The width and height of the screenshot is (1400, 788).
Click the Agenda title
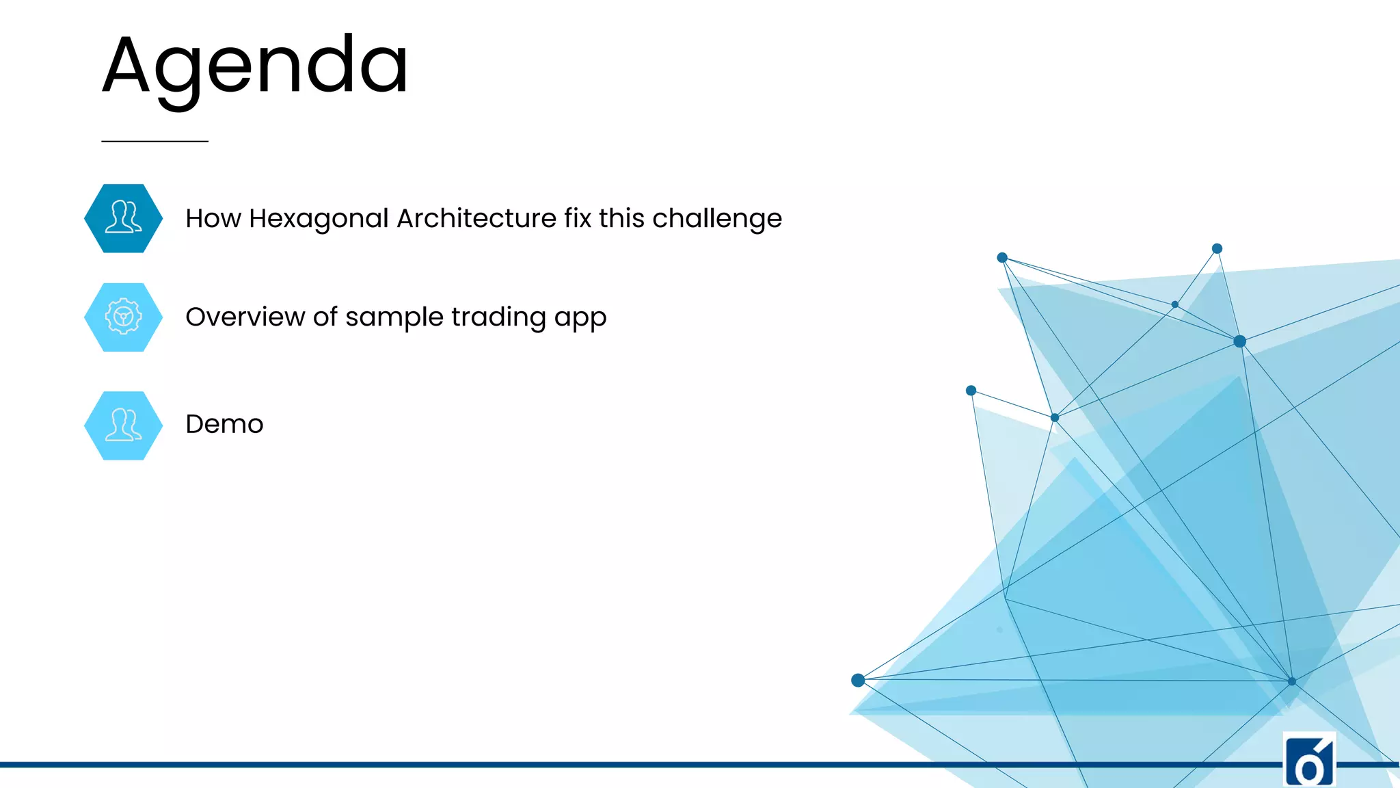[x=255, y=67]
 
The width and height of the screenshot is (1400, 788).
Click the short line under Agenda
[x=154, y=141]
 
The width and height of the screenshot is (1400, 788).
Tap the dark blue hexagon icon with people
[x=124, y=218]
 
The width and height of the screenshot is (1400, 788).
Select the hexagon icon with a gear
[x=124, y=317]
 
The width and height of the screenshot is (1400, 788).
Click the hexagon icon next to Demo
[x=124, y=425]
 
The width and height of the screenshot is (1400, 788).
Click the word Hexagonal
[x=319, y=219]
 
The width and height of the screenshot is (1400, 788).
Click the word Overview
[x=245, y=317]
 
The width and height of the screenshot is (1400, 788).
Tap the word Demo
[x=224, y=424]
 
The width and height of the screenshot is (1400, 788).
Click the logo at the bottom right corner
[x=1309, y=761]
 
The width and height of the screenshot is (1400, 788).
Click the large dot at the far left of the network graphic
[x=858, y=680]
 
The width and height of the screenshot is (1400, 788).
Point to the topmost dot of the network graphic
[x=1217, y=248]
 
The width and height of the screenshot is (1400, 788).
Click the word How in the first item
[x=213, y=218]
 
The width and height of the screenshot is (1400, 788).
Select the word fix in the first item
[x=578, y=218]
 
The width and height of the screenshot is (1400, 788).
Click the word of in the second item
[x=325, y=317]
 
